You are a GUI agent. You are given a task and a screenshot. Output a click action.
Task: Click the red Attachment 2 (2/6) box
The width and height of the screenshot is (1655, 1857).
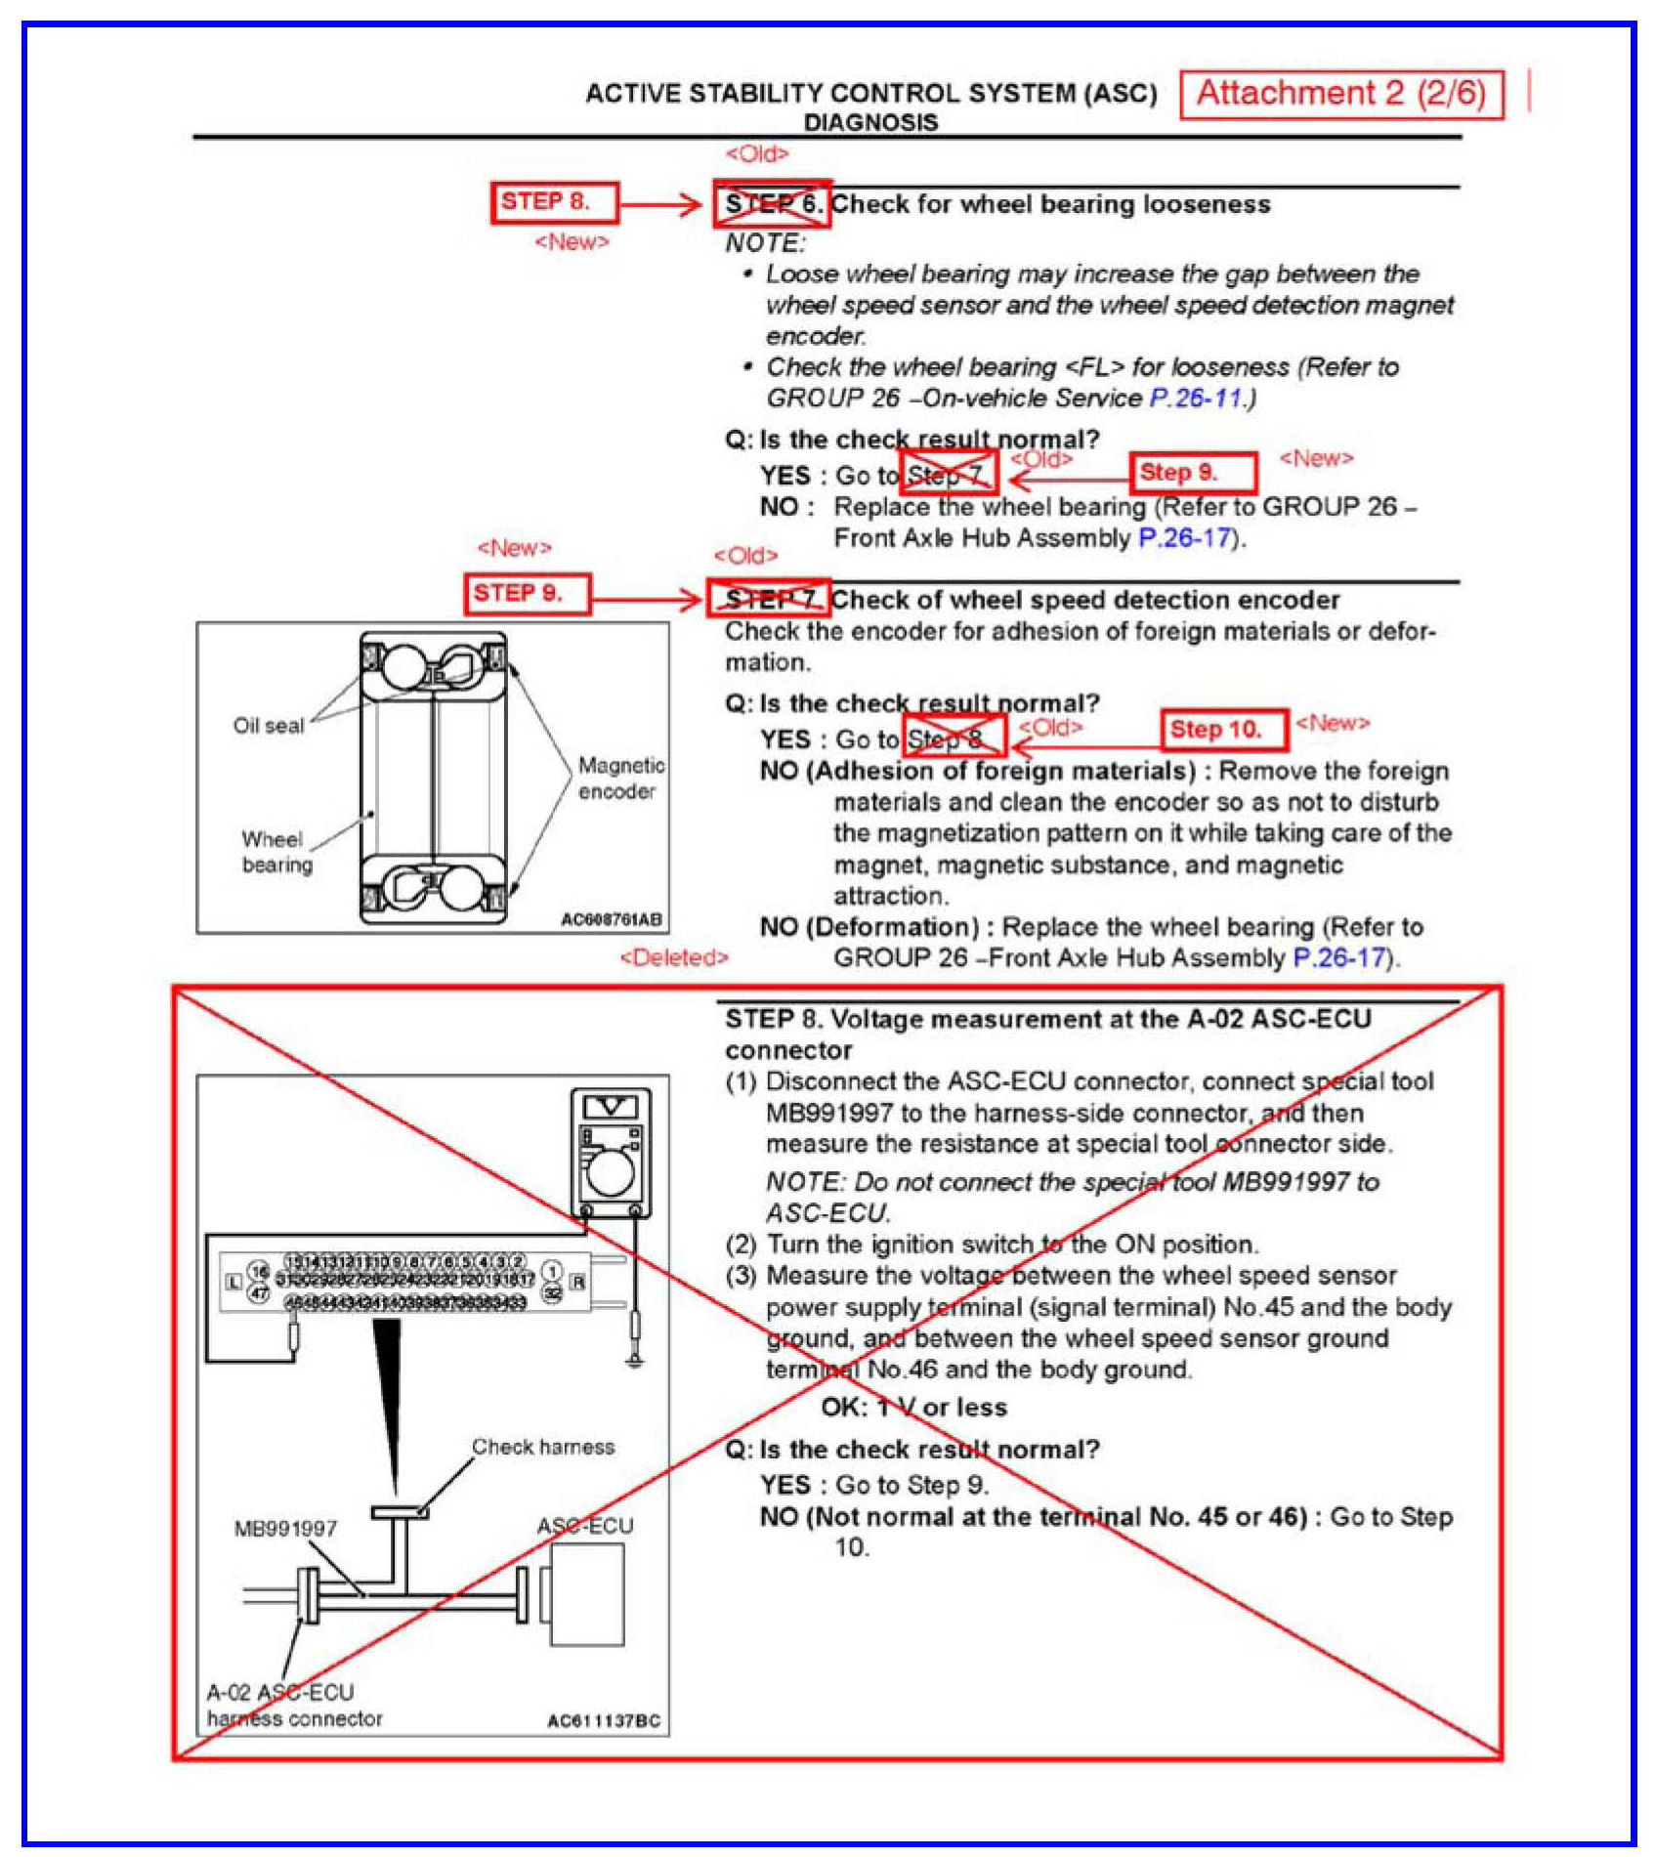click(1340, 94)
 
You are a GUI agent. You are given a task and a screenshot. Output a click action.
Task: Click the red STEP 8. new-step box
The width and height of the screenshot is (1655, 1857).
click(554, 202)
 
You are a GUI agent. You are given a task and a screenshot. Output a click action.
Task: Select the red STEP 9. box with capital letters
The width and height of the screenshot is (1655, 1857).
click(528, 593)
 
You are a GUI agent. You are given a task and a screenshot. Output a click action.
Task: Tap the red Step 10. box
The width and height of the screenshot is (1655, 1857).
click(1223, 729)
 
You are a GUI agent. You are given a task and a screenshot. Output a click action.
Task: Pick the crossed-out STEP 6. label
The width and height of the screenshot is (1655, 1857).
click(772, 204)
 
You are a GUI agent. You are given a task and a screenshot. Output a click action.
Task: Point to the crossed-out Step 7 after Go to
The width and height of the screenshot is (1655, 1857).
click(948, 475)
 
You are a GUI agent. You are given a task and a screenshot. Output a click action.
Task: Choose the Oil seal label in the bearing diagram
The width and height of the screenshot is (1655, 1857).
click(268, 725)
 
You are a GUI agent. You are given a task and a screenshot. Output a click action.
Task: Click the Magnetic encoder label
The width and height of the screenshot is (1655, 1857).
click(620, 778)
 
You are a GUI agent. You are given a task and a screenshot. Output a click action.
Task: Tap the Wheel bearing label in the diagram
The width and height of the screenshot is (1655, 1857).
click(276, 852)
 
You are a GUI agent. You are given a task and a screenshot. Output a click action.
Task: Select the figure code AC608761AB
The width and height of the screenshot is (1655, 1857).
click(611, 919)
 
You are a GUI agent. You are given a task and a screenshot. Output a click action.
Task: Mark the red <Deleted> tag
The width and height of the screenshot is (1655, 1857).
click(674, 957)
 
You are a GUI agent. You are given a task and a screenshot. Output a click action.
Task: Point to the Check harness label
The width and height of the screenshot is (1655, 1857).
click(543, 1447)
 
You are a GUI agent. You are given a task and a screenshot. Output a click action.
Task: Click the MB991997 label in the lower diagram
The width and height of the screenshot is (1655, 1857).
click(285, 1528)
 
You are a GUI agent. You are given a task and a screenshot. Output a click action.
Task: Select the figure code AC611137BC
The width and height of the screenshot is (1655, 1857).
click(603, 1720)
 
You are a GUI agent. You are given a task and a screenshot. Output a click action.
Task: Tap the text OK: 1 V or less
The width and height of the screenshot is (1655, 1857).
click(913, 1407)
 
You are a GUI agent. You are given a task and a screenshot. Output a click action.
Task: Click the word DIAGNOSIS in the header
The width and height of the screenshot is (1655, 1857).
click(870, 122)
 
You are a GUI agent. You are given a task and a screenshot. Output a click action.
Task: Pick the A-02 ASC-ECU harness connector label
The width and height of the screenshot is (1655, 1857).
click(293, 1705)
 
